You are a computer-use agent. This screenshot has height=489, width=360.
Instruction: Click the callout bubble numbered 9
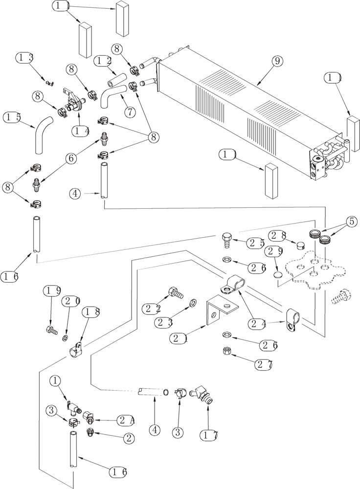coord(277,61)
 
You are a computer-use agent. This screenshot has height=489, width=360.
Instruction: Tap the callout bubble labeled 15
coord(13,117)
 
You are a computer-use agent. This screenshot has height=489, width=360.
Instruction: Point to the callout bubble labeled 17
coord(209,433)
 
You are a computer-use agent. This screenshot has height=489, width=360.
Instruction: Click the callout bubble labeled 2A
coord(125,420)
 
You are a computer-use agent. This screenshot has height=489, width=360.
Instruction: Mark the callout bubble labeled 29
coord(273,252)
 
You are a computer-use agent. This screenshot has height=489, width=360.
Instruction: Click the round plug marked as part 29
coord(277,275)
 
